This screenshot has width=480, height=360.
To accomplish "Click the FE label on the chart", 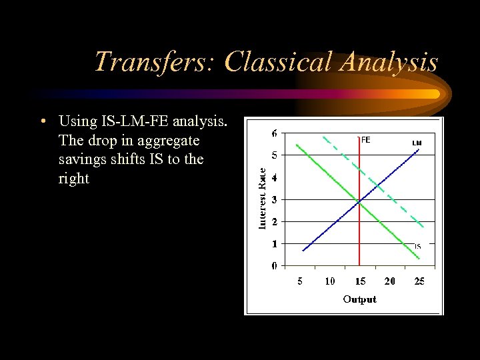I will (x=365, y=140).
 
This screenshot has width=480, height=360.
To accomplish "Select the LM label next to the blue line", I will (x=417, y=143).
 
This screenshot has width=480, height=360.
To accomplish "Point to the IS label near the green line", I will (x=417, y=246).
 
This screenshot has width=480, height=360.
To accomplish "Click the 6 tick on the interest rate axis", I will (x=275, y=133).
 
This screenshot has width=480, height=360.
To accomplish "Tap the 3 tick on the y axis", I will (x=275, y=199).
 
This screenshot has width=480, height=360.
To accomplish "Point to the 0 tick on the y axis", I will (x=275, y=266).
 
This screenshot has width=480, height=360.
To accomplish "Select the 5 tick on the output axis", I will (x=300, y=281).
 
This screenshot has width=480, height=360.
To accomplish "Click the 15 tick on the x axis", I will (x=359, y=281).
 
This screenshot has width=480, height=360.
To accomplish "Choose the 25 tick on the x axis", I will (x=419, y=281).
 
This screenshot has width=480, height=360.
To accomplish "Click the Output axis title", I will (x=359, y=299).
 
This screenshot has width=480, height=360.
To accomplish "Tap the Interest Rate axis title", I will (x=263, y=198).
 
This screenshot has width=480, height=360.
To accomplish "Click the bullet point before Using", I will (x=42, y=122).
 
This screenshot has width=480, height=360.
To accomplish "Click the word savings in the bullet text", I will (x=83, y=160).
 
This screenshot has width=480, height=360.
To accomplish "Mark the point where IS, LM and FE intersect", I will (x=359, y=200).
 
